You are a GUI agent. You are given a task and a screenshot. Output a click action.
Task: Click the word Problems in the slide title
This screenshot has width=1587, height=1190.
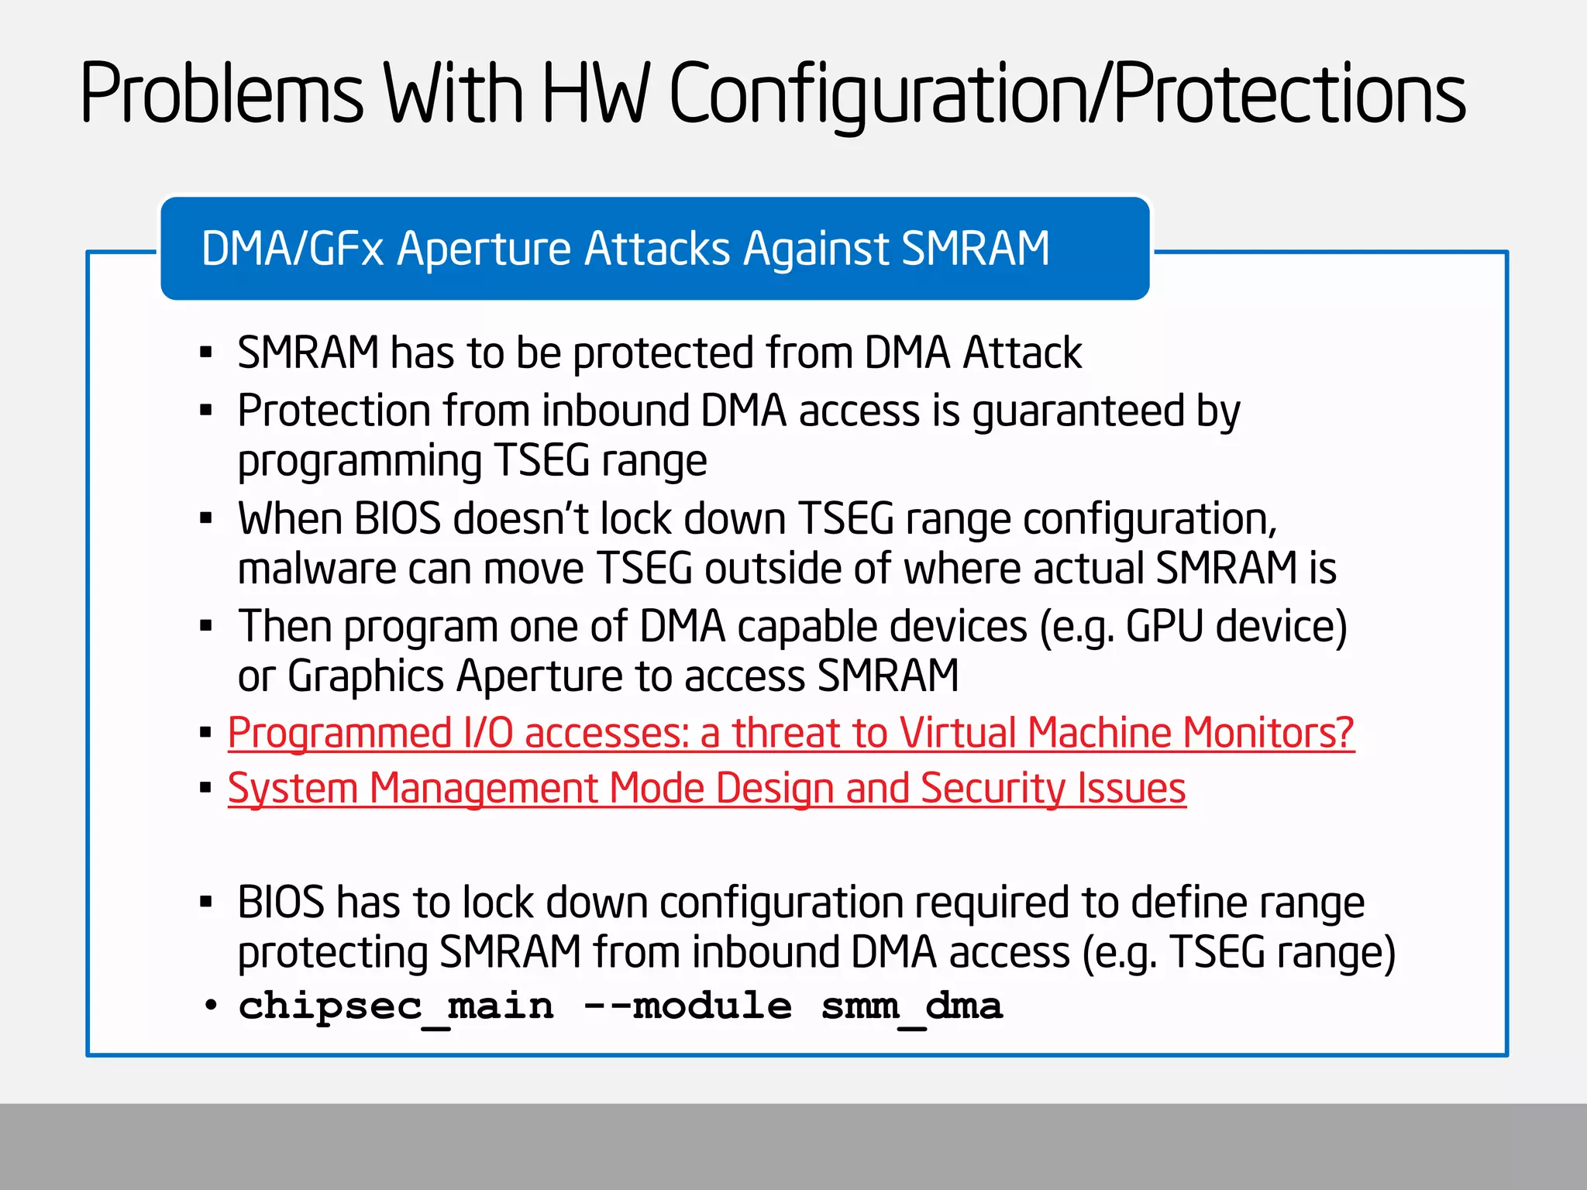pos(222,95)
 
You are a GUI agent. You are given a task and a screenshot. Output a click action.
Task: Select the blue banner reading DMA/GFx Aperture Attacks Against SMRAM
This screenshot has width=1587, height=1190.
pos(655,249)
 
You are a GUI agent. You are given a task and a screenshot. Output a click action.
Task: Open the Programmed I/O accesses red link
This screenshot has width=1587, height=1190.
pos(790,733)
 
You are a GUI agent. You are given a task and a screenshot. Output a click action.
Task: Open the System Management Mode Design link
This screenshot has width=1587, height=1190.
pos(707,789)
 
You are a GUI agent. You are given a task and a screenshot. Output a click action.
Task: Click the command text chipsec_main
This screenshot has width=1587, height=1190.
pos(396,1006)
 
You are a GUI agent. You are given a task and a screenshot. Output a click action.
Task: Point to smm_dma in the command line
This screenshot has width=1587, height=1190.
pos(911,1006)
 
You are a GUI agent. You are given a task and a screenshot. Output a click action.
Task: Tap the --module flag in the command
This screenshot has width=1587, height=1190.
pos(688,1006)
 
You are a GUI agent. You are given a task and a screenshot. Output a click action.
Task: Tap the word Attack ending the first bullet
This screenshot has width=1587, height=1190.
pos(1022,353)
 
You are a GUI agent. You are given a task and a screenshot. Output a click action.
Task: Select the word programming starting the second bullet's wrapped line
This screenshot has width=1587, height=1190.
pos(360,462)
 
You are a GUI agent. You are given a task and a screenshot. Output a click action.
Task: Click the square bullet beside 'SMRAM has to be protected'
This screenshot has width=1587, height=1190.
pos(205,353)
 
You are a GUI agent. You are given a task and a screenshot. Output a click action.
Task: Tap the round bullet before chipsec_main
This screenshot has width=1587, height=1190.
pos(210,1006)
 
